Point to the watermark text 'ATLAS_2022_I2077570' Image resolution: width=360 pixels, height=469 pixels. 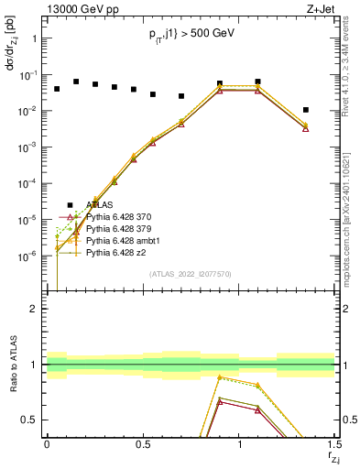coord(191,275)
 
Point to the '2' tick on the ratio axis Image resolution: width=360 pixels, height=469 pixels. coord(31,309)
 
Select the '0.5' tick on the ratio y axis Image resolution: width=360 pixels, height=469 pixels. coord(27,420)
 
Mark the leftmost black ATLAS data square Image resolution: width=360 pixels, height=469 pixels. coord(57,89)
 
